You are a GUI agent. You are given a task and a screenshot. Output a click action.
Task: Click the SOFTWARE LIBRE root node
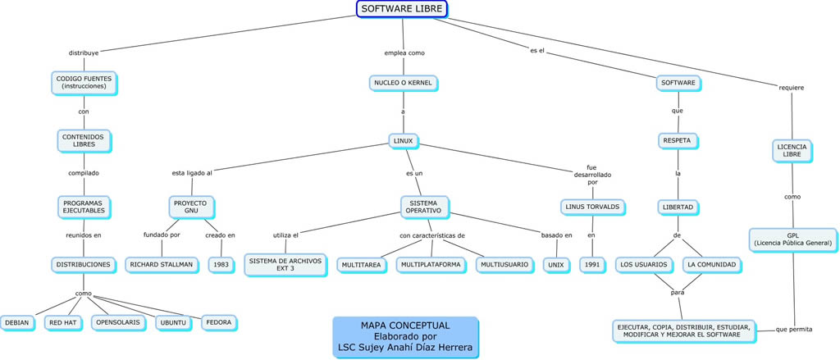pyautogui.click(x=402, y=9)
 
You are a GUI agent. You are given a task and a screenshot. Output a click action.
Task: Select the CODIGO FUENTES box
pyautogui.click(x=84, y=82)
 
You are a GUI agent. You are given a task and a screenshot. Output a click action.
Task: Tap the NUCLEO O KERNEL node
pyautogui.click(x=402, y=83)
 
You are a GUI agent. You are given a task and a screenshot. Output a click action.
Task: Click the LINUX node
pyautogui.click(x=403, y=141)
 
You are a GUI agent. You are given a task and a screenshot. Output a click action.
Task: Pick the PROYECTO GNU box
pyautogui.click(x=191, y=206)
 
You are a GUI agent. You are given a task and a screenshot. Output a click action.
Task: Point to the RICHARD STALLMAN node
pyautogui.click(x=161, y=265)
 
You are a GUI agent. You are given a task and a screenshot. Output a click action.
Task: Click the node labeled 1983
pyautogui.click(x=221, y=265)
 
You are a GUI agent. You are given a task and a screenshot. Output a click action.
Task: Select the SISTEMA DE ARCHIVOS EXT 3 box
pyautogui.click(x=285, y=264)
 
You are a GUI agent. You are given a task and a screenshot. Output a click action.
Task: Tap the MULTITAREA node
pyautogui.click(x=361, y=266)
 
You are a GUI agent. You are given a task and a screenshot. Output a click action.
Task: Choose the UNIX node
pyautogui.click(x=557, y=266)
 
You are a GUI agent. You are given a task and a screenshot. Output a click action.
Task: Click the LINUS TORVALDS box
pyautogui.click(x=592, y=207)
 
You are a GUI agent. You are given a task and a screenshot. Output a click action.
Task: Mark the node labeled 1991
pyautogui.click(x=591, y=266)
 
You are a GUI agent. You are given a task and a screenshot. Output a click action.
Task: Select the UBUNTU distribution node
pyautogui.click(x=173, y=323)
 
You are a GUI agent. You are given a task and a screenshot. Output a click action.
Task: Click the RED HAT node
pyautogui.click(x=62, y=323)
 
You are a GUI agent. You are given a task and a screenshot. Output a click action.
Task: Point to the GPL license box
pyautogui.click(x=792, y=239)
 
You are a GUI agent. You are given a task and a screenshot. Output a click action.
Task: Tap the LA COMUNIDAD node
pyautogui.click(x=712, y=265)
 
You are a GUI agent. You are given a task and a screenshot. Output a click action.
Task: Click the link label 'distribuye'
pyautogui.click(x=83, y=52)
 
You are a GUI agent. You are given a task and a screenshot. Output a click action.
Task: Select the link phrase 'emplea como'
pyautogui.click(x=404, y=52)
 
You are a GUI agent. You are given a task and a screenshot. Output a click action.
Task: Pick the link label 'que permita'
pyautogui.click(x=793, y=329)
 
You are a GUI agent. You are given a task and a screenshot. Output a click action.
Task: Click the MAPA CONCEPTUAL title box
pyautogui.click(x=405, y=336)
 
